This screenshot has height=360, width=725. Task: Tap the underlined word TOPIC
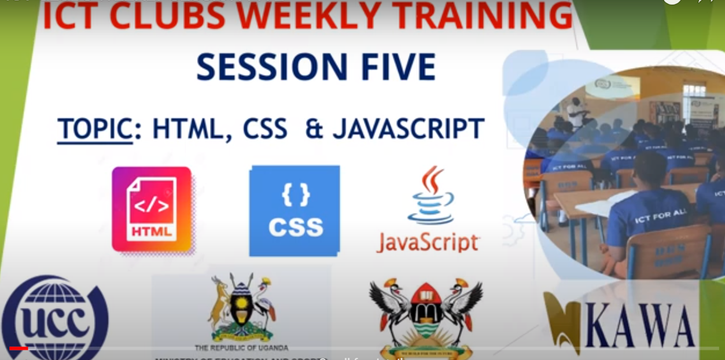pyautogui.click(x=95, y=130)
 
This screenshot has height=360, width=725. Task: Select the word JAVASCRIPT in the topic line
pyautogui.click(x=408, y=129)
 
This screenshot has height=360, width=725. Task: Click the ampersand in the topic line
pyautogui.click(x=313, y=129)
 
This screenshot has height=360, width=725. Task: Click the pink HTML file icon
pyautogui.click(x=152, y=209)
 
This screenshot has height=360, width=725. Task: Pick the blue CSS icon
pyautogui.click(x=295, y=211)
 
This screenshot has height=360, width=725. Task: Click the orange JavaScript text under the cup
pyautogui.click(x=428, y=242)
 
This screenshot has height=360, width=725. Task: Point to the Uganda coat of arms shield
pyautogui.click(x=242, y=306)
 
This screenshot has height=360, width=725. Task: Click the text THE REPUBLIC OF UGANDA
pyautogui.click(x=241, y=348)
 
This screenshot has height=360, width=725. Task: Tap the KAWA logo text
pyautogui.click(x=639, y=325)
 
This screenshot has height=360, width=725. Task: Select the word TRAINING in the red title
pyautogui.click(x=495, y=16)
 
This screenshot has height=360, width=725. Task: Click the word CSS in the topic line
pyautogui.click(x=265, y=129)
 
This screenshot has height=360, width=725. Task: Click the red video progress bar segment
pyautogui.click(x=19, y=348)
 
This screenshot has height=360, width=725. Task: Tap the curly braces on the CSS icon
pyautogui.click(x=296, y=196)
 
